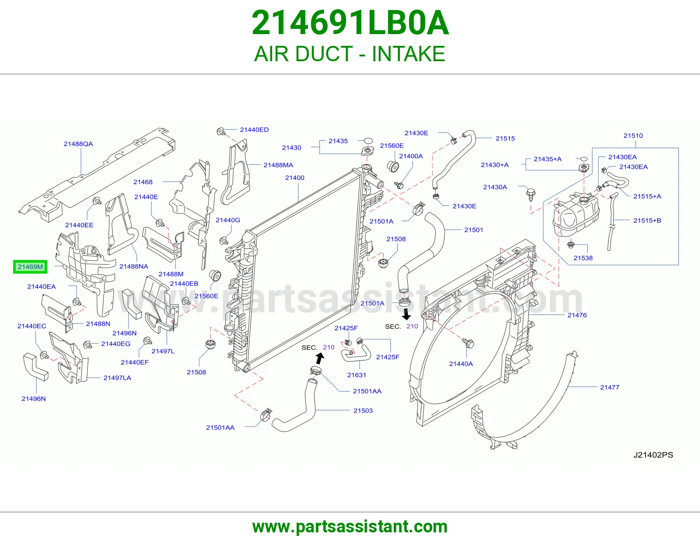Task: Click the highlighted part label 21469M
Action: point(30,267)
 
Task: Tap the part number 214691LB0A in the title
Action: point(350,23)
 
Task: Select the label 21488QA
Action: point(78,144)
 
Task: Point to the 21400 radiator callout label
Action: point(295,177)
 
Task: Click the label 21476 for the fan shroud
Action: point(577,315)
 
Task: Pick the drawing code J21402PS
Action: point(653,455)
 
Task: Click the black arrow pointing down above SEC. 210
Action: point(406,314)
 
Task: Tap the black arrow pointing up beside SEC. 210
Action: point(319,358)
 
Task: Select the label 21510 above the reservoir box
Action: point(633,135)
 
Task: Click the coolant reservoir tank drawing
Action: point(576,214)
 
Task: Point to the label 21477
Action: point(609,387)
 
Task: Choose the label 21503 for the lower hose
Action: point(363,410)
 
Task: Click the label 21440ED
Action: point(254,130)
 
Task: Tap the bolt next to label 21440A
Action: point(469,343)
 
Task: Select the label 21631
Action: point(357,375)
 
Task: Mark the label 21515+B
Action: point(647,220)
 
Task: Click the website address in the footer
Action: point(350,527)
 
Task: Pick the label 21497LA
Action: point(117,378)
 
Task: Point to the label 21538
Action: point(583,258)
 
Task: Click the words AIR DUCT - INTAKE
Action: point(350,54)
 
